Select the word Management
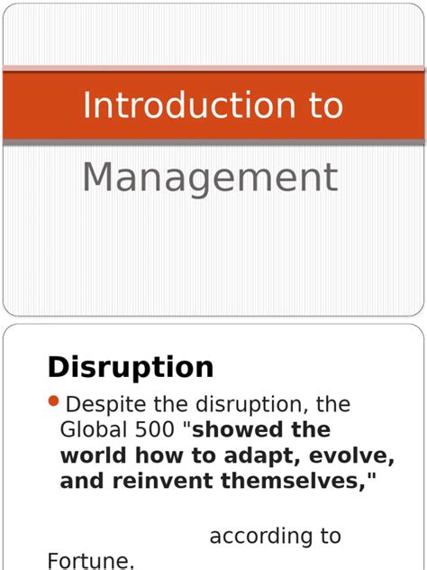click(210, 178)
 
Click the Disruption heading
click(131, 367)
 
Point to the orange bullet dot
click(53, 401)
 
